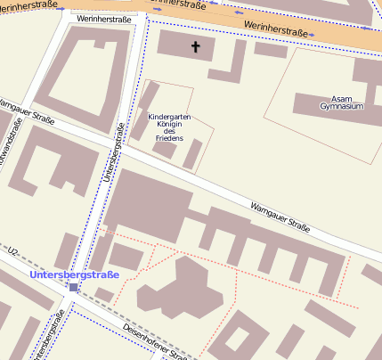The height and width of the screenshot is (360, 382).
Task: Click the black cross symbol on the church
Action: pyautogui.click(x=195, y=45)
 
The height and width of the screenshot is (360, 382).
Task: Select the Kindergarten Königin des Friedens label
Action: pyautogui.click(x=169, y=127)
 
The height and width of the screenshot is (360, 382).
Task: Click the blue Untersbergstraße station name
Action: pyautogui.click(x=74, y=274)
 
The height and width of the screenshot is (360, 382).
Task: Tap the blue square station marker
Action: pyautogui.click(x=73, y=287)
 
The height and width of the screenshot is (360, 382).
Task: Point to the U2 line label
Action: pyautogui.click(x=12, y=255)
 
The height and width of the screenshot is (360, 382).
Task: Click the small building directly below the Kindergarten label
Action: pyautogui.click(x=165, y=150)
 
